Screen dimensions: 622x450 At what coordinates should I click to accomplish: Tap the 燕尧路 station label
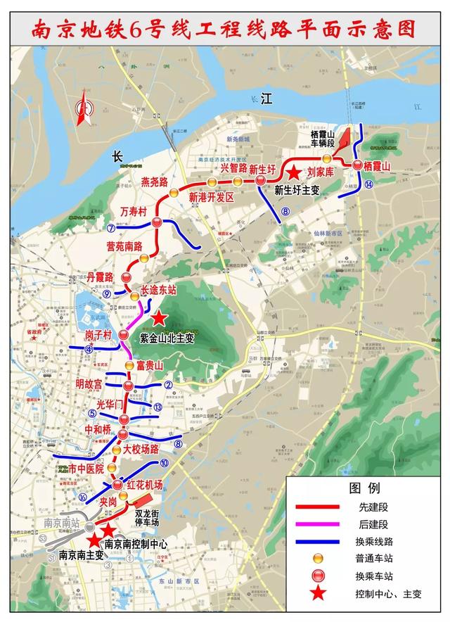pos(155,182)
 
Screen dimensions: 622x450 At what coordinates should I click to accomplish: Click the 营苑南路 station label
pos(124,246)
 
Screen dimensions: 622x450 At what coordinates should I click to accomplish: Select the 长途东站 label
pos(158,288)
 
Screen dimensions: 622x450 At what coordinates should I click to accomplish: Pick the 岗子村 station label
pos(98,335)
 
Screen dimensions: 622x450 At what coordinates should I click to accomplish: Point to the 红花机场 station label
pos(145,485)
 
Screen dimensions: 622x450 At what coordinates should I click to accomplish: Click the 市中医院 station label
pos(86,468)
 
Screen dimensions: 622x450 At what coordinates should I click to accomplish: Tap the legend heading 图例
pos(364,488)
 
